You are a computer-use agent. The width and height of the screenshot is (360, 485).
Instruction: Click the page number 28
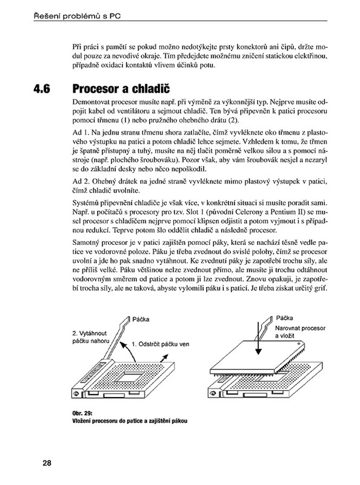47,463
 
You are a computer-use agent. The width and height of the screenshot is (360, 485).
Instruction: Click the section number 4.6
42,89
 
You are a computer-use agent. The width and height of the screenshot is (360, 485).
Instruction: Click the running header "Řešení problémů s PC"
77,16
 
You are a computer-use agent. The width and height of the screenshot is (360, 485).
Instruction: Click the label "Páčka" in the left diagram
141,319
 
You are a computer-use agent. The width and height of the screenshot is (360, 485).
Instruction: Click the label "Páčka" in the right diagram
284,318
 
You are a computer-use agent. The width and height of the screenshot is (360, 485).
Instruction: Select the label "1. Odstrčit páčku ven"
161,344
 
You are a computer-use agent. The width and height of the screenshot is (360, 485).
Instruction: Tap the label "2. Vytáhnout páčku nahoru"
91,337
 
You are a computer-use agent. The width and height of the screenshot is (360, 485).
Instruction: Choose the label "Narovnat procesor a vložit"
300,332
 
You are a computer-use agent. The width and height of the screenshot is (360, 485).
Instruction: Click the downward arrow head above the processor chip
258,351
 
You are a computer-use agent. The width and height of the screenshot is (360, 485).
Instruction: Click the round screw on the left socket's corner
76,393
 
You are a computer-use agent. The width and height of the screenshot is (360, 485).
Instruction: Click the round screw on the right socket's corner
213,393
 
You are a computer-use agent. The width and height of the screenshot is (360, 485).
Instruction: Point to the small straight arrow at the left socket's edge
164,358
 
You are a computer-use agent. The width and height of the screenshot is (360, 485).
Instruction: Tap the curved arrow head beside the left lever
123,344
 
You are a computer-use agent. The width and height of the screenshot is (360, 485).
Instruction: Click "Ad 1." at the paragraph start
81,133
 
